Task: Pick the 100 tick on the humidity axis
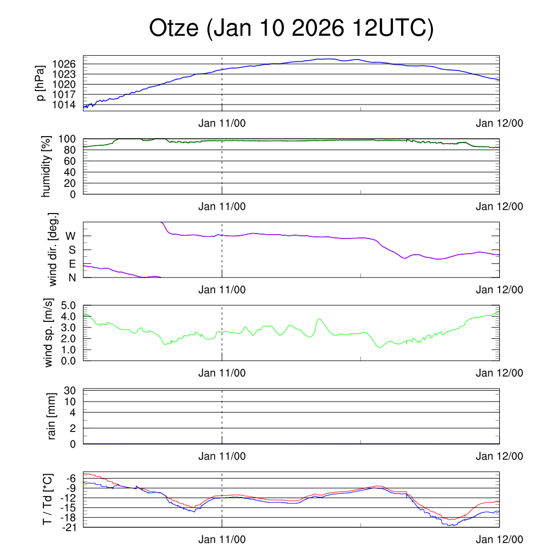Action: click(68, 139)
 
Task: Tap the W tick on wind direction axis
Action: click(70, 236)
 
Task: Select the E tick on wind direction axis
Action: click(72, 264)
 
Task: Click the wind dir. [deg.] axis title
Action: click(53, 250)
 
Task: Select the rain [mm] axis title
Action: click(52, 417)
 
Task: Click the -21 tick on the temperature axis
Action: click(69, 527)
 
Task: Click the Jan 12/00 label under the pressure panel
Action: click(499, 123)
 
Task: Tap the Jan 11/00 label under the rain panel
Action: click(222, 456)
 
